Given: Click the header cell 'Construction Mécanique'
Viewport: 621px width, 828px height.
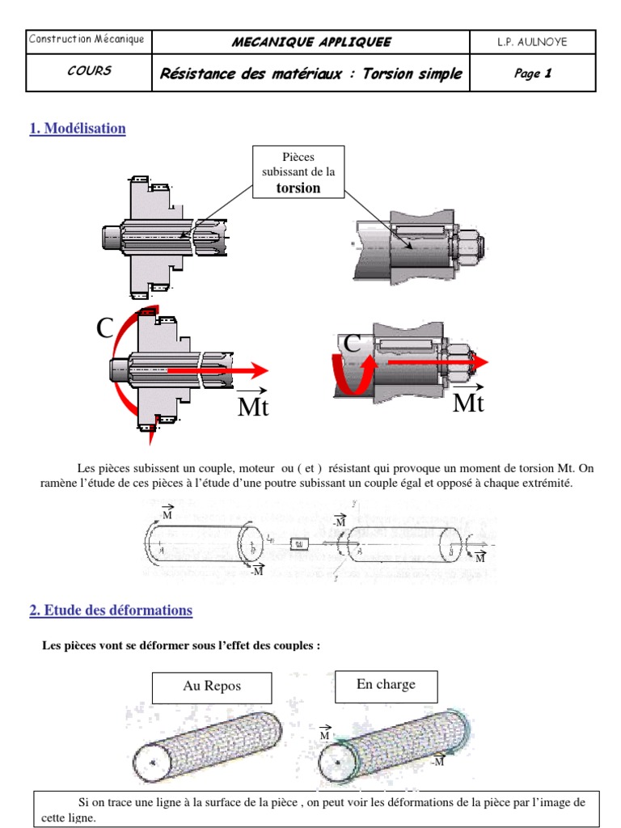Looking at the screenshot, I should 87,40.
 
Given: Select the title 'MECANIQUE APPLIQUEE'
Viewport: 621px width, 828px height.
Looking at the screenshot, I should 311,42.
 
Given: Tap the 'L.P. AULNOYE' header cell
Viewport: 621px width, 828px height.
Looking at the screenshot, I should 532,42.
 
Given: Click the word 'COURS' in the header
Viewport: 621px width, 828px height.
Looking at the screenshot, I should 89,71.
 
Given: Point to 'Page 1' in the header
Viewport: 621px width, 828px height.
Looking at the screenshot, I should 532,74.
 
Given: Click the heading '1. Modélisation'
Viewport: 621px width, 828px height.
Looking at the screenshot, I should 78,129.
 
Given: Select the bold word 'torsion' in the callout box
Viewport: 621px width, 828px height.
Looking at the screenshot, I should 298,188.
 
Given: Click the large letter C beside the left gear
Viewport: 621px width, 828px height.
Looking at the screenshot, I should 105,329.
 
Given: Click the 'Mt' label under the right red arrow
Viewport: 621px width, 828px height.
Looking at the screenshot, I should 468,402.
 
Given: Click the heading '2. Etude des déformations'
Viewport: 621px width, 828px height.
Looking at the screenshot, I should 111,610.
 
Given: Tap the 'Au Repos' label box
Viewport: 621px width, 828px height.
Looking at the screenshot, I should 212,686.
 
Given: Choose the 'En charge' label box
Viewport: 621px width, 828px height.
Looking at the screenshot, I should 386,685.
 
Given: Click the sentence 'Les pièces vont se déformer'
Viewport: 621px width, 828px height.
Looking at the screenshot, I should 181,645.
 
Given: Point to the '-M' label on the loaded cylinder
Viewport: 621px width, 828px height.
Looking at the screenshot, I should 437,762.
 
